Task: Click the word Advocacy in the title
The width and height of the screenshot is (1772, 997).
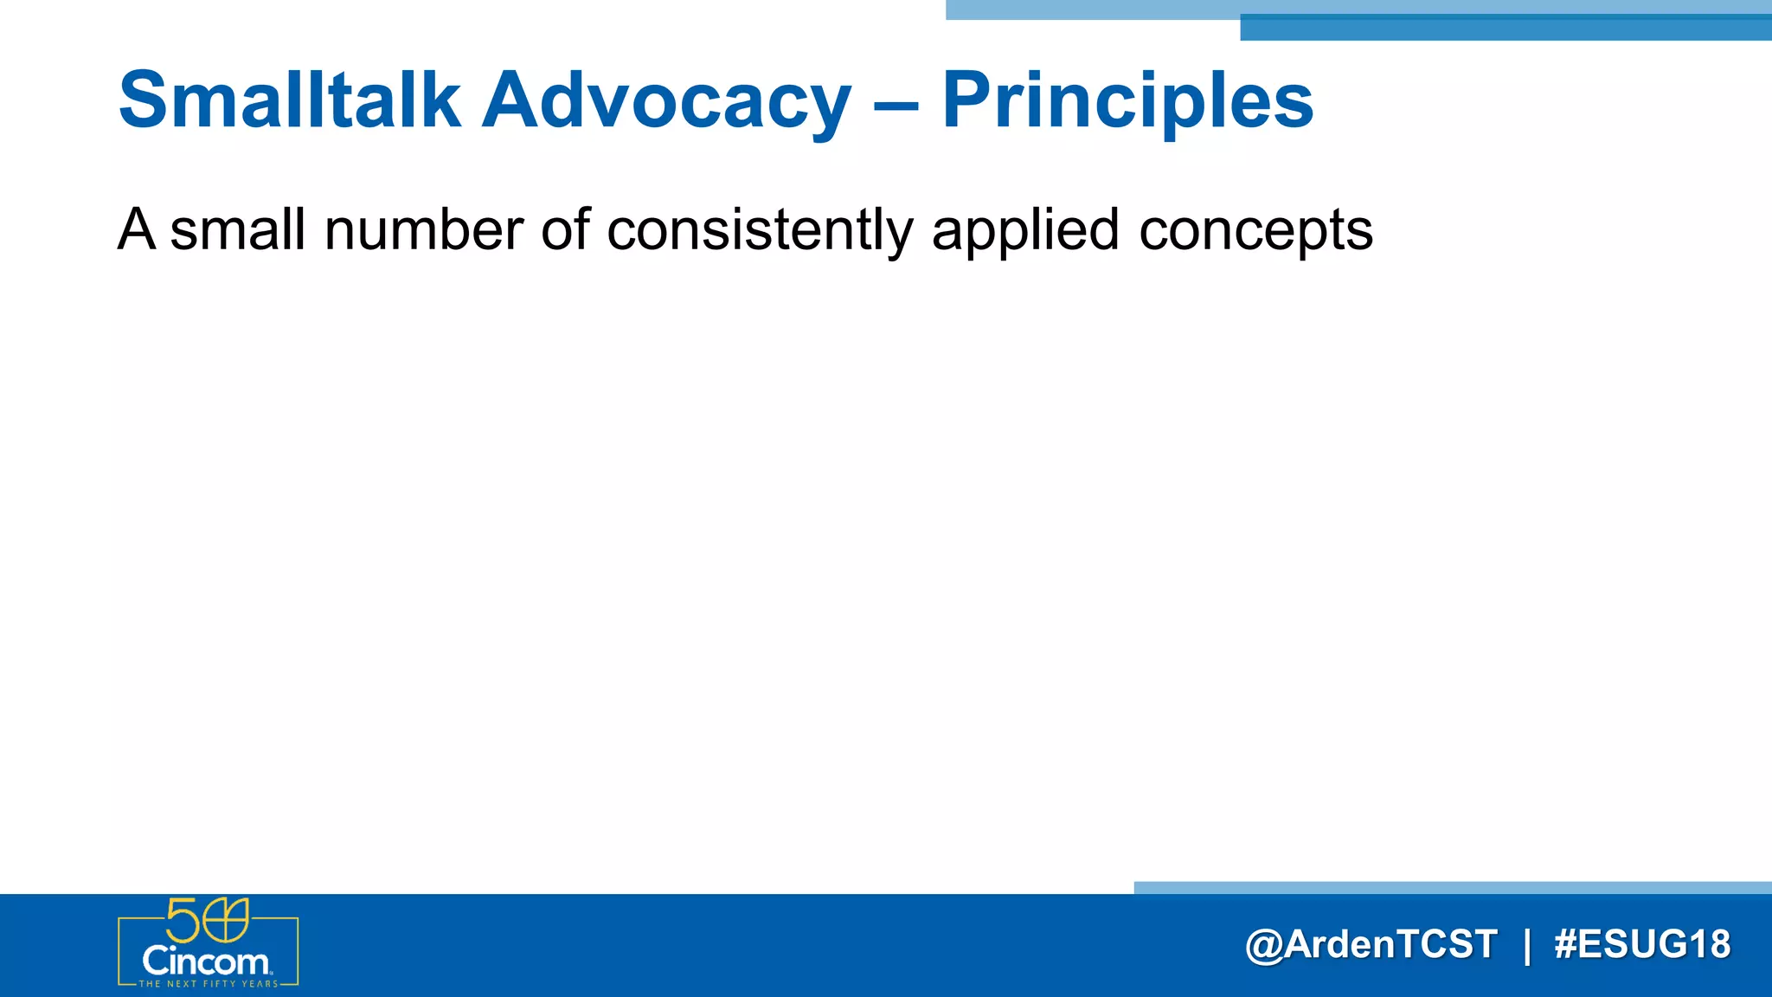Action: click(666, 101)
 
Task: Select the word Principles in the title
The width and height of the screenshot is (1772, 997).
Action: click(1127, 101)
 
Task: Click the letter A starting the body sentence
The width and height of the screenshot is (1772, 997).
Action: click(137, 230)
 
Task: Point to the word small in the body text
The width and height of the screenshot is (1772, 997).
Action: click(238, 230)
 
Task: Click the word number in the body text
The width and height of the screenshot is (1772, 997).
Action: click(424, 230)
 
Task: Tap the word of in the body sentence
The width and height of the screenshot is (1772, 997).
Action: click(566, 230)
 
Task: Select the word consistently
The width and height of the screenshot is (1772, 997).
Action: click(760, 230)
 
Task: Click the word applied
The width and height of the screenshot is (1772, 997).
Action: click(1025, 230)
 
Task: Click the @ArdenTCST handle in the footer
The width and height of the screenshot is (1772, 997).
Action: click(1371, 944)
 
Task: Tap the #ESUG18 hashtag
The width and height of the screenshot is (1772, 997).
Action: click(1641, 944)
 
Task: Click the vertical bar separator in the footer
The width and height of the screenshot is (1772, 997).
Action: click(1527, 945)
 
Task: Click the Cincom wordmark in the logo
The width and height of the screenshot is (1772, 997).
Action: click(206, 962)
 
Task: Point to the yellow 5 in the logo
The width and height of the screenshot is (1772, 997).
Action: click(183, 920)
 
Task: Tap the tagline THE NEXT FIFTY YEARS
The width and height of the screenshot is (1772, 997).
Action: click(209, 984)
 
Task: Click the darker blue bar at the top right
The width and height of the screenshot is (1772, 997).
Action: click(1506, 29)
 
